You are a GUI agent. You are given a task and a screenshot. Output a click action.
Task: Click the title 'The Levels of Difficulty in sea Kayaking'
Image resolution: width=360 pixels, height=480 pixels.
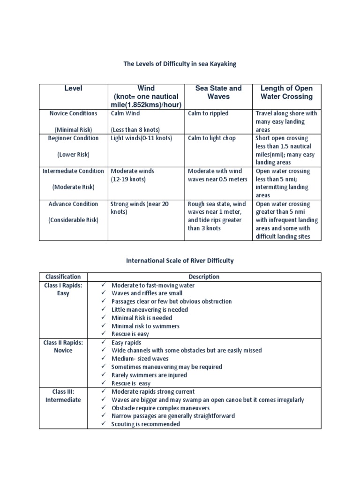[x=180, y=64]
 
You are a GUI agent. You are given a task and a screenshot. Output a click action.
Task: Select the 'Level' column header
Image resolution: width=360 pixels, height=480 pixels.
[x=73, y=88]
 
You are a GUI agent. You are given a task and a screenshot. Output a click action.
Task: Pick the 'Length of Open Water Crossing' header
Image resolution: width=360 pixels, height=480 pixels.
[x=286, y=92]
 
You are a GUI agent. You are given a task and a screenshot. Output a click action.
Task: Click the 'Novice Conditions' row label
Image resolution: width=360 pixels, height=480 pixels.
[x=73, y=113]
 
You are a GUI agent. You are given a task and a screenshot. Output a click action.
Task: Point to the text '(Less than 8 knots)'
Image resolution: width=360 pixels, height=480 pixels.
[x=135, y=130]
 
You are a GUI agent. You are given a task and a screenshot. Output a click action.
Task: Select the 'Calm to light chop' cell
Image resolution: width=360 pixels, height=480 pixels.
[x=212, y=138]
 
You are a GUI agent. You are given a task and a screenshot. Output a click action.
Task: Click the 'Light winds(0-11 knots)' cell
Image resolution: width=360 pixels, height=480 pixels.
[x=142, y=138]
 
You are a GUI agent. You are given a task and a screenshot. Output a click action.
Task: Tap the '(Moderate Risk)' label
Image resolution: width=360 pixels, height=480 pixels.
[x=73, y=187]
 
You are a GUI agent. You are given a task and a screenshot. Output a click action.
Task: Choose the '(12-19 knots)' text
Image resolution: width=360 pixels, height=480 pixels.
[x=128, y=179]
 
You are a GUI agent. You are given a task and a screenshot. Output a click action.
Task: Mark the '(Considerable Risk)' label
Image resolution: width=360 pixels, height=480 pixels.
[x=73, y=220]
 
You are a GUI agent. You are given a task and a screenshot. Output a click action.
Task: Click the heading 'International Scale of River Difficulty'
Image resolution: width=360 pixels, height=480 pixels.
[x=180, y=261]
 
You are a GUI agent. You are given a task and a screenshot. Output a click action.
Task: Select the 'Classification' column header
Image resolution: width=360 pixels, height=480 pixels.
[x=63, y=277]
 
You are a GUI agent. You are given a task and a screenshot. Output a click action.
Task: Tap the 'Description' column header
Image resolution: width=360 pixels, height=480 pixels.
[x=204, y=277]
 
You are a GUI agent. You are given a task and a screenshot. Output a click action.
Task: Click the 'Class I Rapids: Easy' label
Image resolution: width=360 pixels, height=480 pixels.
[x=63, y=289]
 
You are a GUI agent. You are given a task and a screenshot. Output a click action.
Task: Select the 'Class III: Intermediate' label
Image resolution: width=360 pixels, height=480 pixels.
[x=63, y=396]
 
